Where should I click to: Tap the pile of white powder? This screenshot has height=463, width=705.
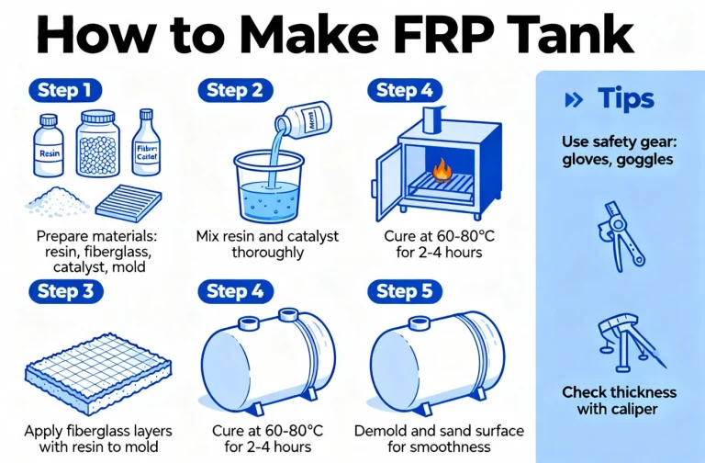52,198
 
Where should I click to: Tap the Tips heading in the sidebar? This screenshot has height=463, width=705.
625,99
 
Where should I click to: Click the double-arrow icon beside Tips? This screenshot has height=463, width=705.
576,99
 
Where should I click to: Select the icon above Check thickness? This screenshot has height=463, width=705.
620,341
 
